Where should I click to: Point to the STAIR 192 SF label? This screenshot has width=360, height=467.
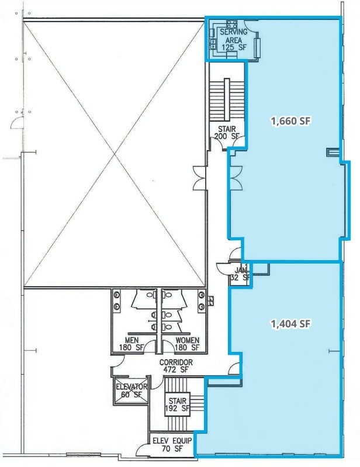click(x=177, y=405)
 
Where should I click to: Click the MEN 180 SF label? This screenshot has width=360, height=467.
click(x=131, y=344)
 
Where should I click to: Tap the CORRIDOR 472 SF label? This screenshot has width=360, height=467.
click(x=175, y=366)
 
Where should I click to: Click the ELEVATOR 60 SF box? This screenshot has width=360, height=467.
click(x=131, y=390)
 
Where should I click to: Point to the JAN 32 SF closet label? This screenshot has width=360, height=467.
click(x=241, y=274)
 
